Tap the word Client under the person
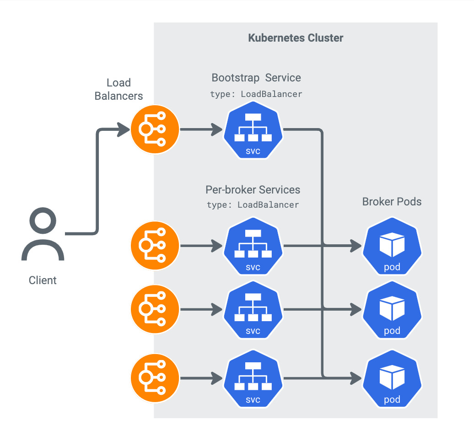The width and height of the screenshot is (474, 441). (x=43, y=280)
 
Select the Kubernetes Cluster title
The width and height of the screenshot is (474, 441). (x=296, y=38)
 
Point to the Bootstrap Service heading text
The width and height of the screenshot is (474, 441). (x=256, y=77)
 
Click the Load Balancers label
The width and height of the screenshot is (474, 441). (x=118, y=89)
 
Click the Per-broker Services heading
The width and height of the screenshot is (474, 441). (x=253, y=189)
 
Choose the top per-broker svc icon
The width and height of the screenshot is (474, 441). (x=253, y=246)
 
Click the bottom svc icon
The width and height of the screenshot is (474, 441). (x=253, y=378)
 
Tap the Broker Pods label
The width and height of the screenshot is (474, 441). (x=392, y=202)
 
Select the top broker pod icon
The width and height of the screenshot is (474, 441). (x=392, y=246)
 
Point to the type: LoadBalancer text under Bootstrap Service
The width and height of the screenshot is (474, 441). (x=256, y=94)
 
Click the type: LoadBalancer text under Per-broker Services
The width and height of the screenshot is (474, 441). (x=253, y=205)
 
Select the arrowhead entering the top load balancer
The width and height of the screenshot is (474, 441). (x=124, y=129)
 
